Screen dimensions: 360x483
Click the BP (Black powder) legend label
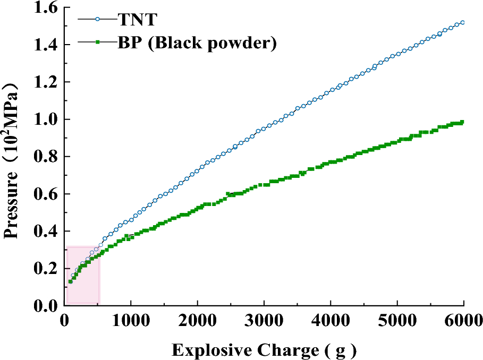197,42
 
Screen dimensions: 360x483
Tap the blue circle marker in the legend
97,20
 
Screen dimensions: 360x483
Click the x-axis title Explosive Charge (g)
264,350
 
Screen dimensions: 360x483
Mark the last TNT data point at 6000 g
463,22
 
